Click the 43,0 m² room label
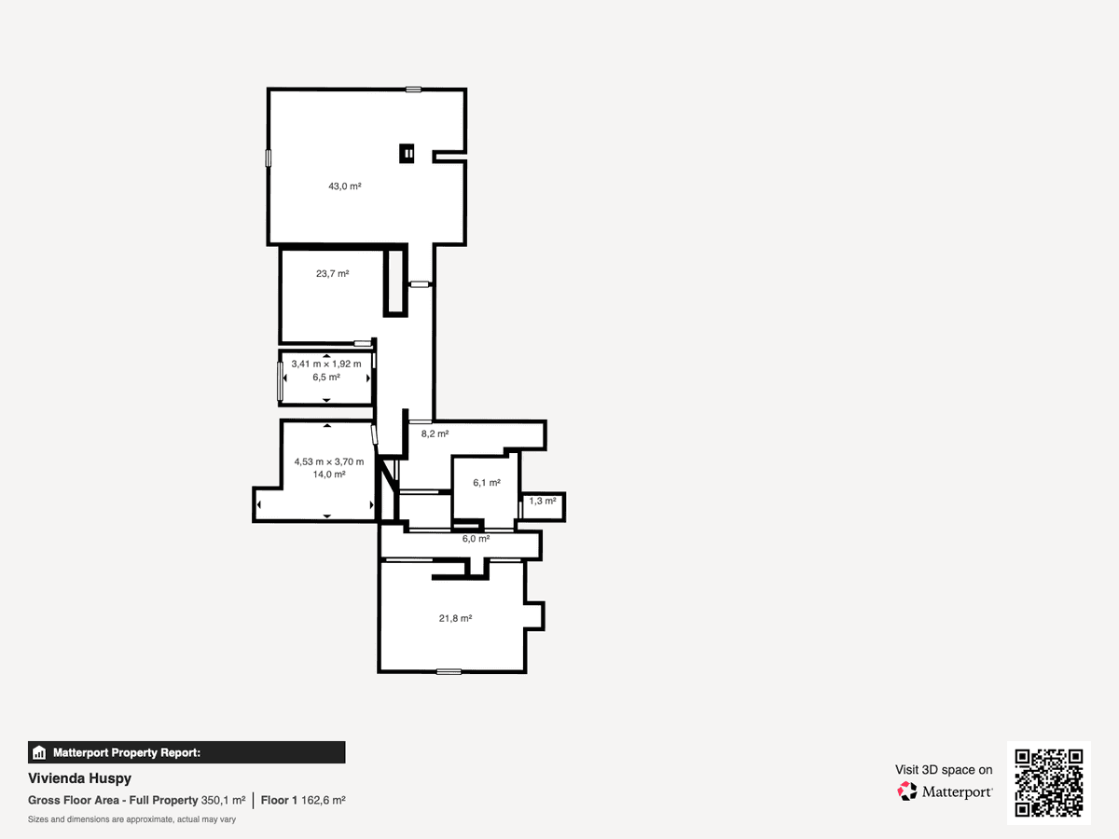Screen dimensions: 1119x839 345,186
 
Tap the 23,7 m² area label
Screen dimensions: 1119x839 332,273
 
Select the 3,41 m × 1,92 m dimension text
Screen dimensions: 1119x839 326,364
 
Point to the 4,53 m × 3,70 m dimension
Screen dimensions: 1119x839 329,461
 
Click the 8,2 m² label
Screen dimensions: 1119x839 435,434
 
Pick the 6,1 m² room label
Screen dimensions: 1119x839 487,482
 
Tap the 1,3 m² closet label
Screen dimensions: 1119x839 543,502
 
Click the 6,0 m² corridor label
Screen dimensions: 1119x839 477,539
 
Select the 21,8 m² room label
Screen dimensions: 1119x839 455,618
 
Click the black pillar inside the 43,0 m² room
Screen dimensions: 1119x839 407,153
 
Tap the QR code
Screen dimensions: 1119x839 1049,783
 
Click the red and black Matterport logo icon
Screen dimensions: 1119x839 907,791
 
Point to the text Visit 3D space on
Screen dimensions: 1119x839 944,770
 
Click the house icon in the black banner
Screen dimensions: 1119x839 39,752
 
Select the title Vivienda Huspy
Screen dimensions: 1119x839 79,778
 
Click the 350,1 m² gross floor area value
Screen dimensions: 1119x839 223,800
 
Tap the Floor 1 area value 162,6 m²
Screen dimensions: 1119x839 324,800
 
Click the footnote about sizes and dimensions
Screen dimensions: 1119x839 131,819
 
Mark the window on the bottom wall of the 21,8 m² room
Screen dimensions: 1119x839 449,672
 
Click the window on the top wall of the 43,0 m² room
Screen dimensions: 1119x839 413,89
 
